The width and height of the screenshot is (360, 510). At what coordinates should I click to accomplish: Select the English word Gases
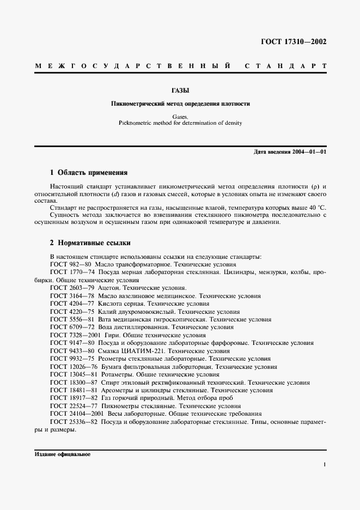180,117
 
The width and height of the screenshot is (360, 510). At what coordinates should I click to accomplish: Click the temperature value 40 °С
316,208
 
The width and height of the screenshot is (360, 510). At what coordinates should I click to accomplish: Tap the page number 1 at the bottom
324,465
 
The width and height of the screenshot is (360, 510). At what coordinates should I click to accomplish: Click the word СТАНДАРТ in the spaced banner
285,66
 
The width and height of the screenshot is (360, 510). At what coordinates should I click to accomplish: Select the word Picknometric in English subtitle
135,123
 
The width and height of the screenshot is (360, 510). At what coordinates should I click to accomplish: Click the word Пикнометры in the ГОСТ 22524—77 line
119,406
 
